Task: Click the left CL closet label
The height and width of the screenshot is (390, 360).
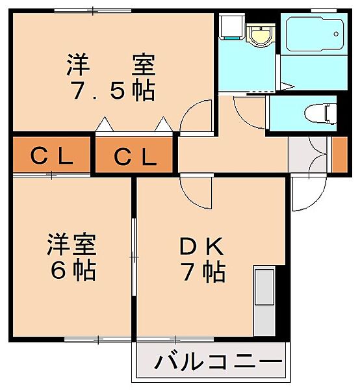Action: tap(51, 156)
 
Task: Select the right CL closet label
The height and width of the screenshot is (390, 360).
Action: tap(135, 157)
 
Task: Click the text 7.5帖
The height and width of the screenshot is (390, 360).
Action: tap(112, 90)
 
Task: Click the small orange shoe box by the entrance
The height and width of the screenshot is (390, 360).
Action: tap(339, 155)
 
